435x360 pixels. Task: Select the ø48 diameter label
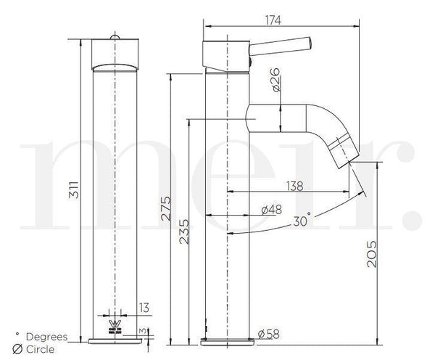(270, 210)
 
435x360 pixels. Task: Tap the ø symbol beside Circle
(17, 348)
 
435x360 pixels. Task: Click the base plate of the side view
(228, 340)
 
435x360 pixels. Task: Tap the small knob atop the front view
(114, 36)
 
